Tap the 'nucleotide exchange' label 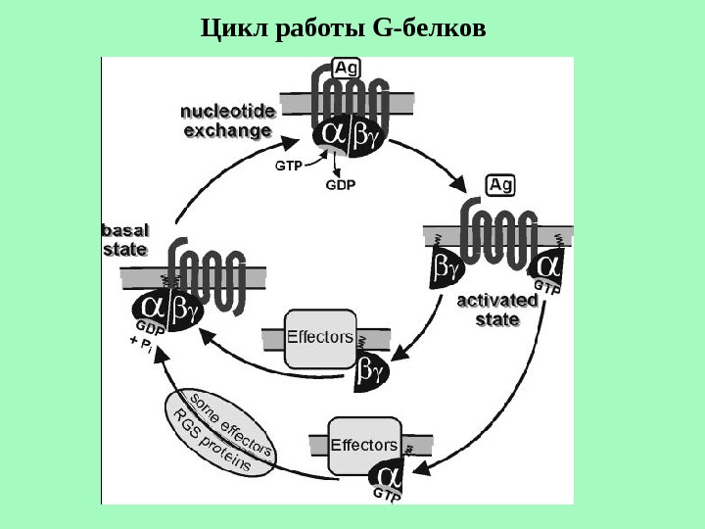(228, 120)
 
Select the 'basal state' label (124, 239)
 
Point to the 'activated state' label (497, 310)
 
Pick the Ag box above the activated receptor (500, 184)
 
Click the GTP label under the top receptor (288, 166)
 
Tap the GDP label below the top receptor (340, 184)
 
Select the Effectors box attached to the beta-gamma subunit (319, 338)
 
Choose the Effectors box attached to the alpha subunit (363, 446)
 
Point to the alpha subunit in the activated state (548, 265)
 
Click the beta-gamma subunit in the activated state (446, 265)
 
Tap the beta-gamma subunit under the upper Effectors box (370, 371)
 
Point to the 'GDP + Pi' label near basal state (145, 337)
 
